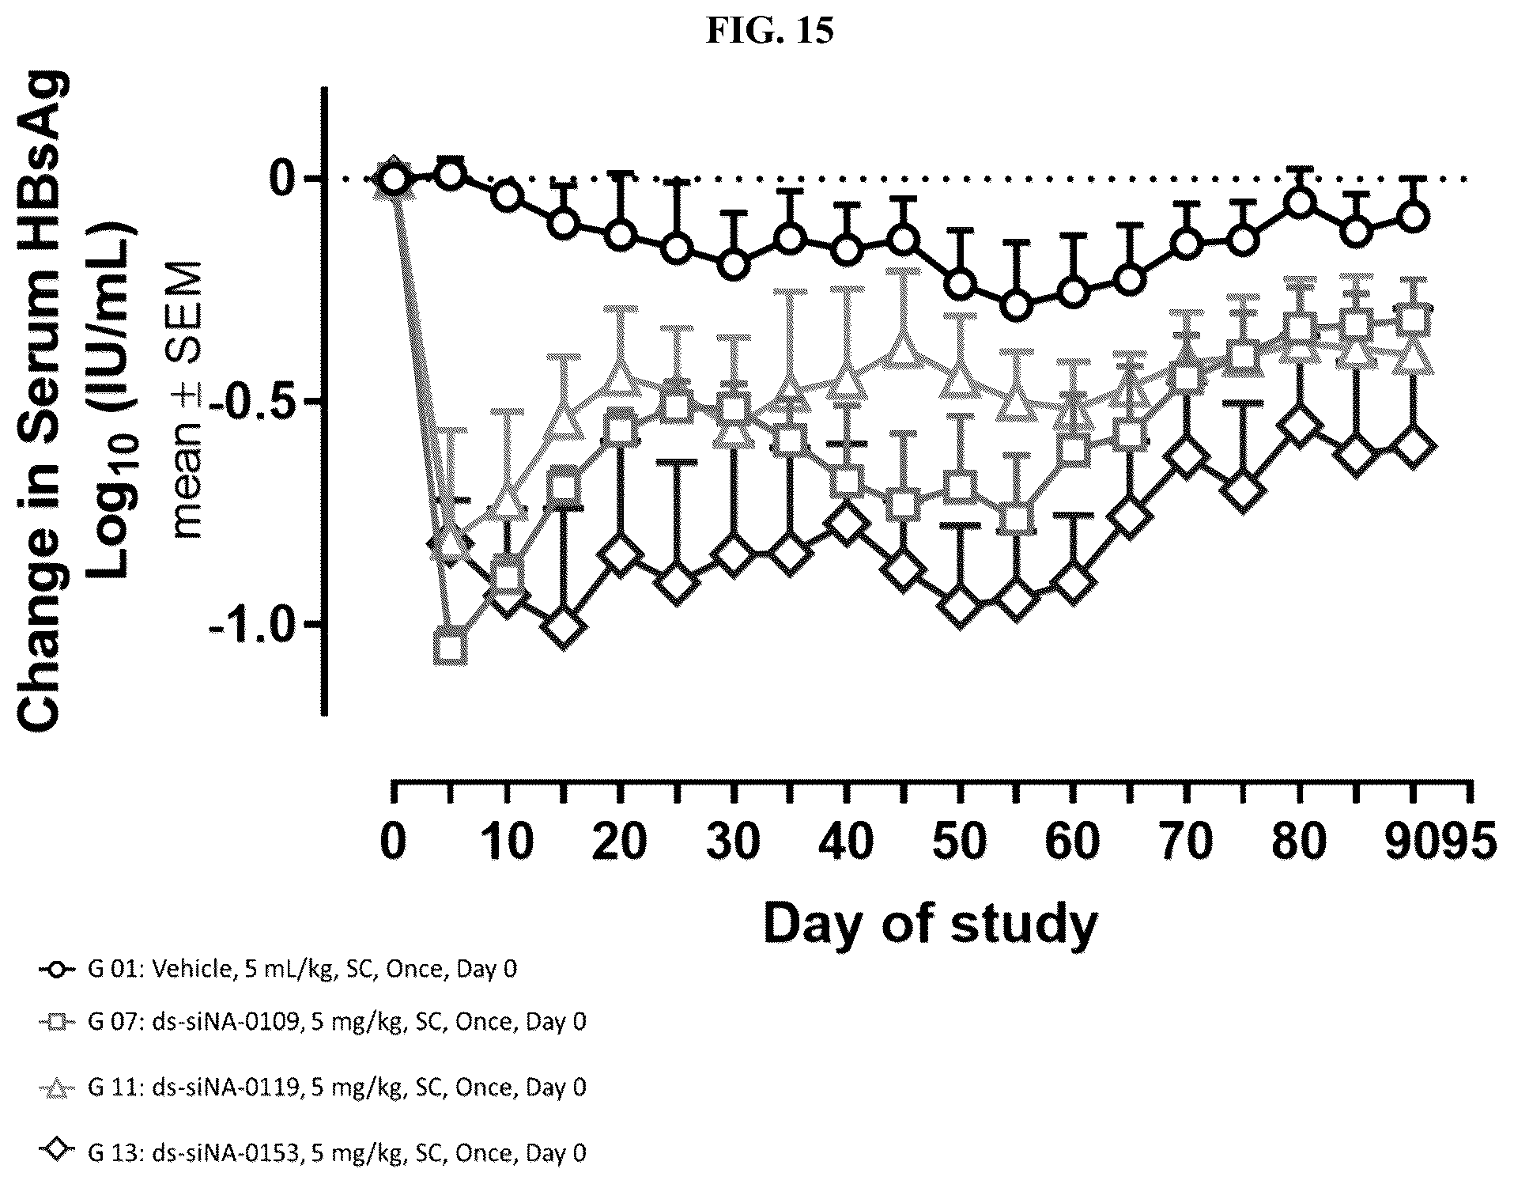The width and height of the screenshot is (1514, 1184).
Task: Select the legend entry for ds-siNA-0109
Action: click(313, 1022)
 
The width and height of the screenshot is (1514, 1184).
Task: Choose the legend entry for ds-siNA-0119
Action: click(313, 1088)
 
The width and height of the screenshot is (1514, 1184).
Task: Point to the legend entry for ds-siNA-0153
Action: click(313, 1153)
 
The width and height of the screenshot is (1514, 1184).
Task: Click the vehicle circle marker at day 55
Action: click(1018, 305)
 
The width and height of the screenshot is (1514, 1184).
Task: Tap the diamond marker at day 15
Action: click(564, 629)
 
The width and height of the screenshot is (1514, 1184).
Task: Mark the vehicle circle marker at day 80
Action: click(1301, 203)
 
